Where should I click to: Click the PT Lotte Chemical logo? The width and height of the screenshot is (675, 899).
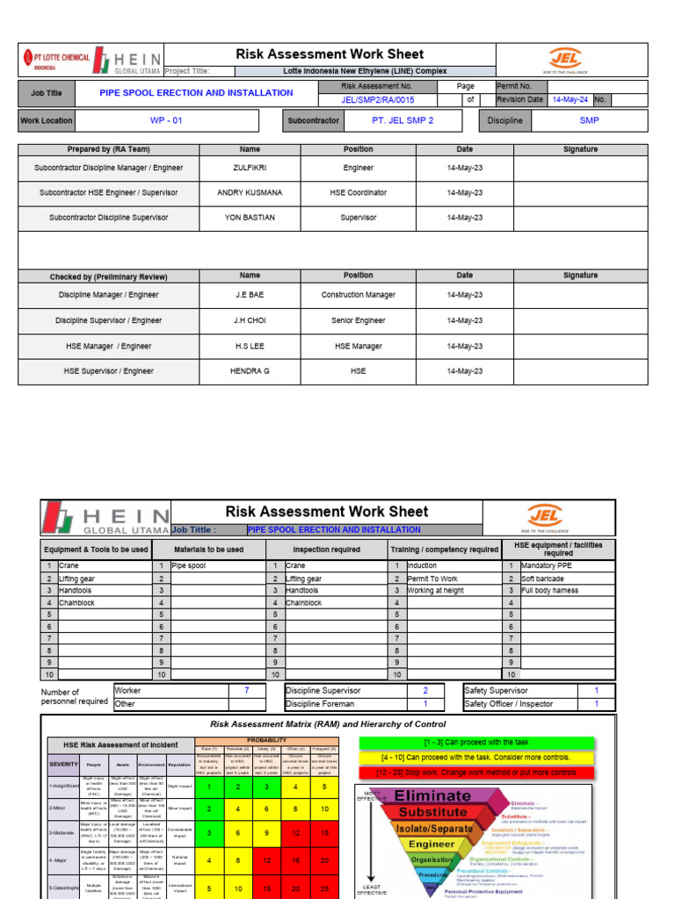click(x=55, y=60)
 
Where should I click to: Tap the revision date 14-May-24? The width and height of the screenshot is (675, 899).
click(x=570, y=99)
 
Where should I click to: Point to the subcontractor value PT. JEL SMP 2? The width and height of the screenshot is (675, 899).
click(x=403, y=120)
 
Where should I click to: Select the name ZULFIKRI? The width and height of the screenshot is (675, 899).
click(x=250, y=168)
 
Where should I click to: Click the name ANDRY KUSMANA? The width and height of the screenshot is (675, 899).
click(x=250, y=192)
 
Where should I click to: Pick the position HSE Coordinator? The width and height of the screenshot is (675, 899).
click(x=358, y=192)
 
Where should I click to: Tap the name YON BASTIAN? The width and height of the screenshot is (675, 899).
click(x=250, y=217)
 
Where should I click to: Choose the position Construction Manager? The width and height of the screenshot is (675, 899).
click(x=358, y=295)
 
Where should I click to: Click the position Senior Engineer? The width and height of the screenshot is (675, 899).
click(x=358, y=320)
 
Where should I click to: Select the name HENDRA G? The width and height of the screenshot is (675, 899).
click(x=250, y=371)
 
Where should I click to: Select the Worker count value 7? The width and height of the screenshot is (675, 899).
click(x=246, y=691)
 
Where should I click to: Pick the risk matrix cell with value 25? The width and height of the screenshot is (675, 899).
click(x=324, y=888)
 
